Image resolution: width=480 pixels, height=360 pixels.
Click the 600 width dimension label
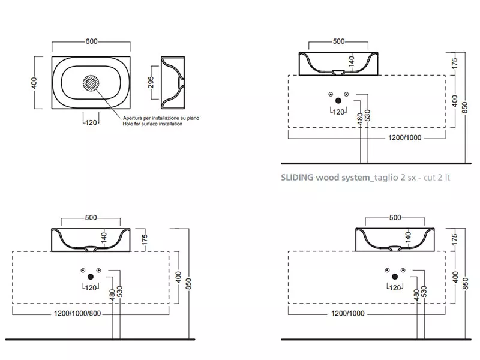pyautogui.click(x=91, y=41)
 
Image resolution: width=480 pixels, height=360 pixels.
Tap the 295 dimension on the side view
pyautogui.click(x=151, y=82)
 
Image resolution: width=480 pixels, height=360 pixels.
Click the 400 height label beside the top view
pyautogui.click(x=34, y=82)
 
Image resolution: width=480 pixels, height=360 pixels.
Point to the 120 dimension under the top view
pyautogui.click(x=91, y=123)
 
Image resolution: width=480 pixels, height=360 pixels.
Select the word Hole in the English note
pyautogui.click(x=128, y=125)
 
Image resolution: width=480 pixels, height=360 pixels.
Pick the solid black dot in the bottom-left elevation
pyautogui.click(x=90, y=276)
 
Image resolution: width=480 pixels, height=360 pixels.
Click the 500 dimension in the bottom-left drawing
pyautogui.click(x=91, y=217)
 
